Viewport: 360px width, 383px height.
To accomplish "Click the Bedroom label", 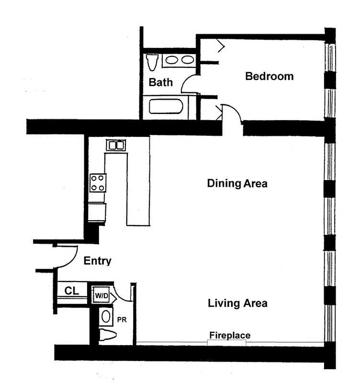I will (269, 76).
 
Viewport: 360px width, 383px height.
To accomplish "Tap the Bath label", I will (160, 82).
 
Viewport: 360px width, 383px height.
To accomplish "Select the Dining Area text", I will (237, 183).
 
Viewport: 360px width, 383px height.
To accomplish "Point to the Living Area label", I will (237, 303).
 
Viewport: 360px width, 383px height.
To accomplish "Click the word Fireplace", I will (229, 335).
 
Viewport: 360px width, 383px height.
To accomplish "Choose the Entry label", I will (97, 261).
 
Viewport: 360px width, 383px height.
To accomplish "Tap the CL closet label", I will (72, 291).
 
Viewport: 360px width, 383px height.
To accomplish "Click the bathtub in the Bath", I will (166, 106).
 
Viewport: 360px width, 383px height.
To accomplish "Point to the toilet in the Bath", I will (152, 62).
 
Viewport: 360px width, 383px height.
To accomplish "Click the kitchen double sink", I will (116, 145).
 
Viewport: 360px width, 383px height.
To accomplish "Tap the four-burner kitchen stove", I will (98, 182).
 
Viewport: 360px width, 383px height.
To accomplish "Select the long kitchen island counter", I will (138, 187).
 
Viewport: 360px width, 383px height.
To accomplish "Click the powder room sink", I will (105, 316).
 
